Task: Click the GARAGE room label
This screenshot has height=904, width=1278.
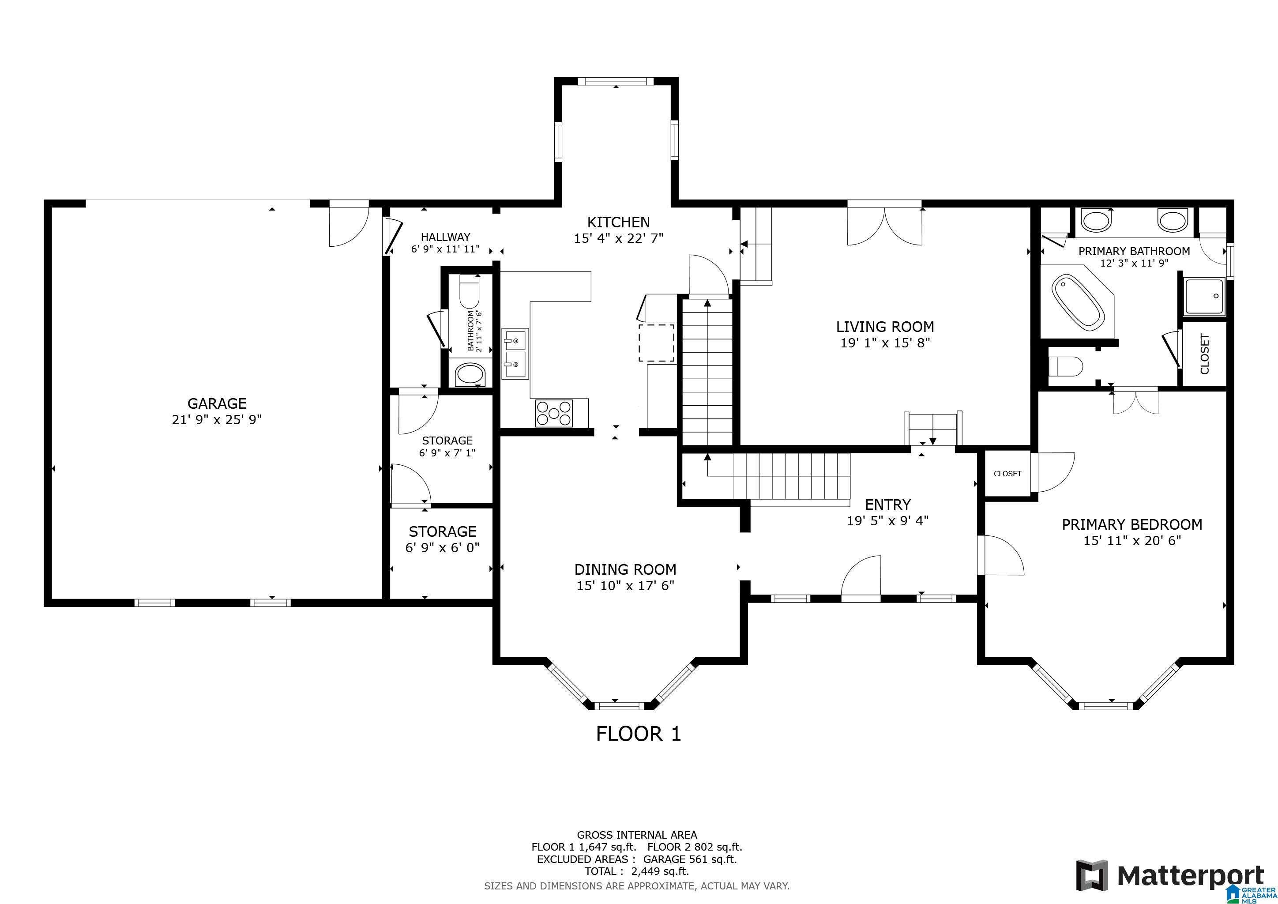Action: pyautogui.click(x=217, y=403)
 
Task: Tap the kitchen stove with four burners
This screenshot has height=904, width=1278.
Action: pyautogui.click(x=554, y=414)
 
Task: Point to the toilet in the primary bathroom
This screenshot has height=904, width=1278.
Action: pyautogui.click(x=1065, y=367)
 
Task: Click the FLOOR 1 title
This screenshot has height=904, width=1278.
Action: pyautogui.click(x=639, y=734)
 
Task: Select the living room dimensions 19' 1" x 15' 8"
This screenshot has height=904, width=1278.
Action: pyautogui.click(x=885, y=343)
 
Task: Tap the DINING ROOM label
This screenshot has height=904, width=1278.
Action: pyautogui.click(x=625, y=569)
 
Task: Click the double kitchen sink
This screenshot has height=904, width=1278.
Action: pyautogui.click(x=515, y=354)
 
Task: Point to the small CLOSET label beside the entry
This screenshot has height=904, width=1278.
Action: pyautogui.click(x=1007, y=474)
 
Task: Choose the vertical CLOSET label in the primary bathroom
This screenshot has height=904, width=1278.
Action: pyautogui.click(x=1205, y=354)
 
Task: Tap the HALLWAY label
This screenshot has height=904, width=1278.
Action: pyautogui.click(x=445, y=237)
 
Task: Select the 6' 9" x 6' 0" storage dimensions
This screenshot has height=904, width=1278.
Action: pyautogui.click(x=443, y=548)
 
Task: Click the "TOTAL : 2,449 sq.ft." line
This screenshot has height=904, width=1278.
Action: pyautogui.click(x=637, y=871)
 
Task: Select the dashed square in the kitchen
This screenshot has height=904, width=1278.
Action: pyautogui.click(x=657, y=343)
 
